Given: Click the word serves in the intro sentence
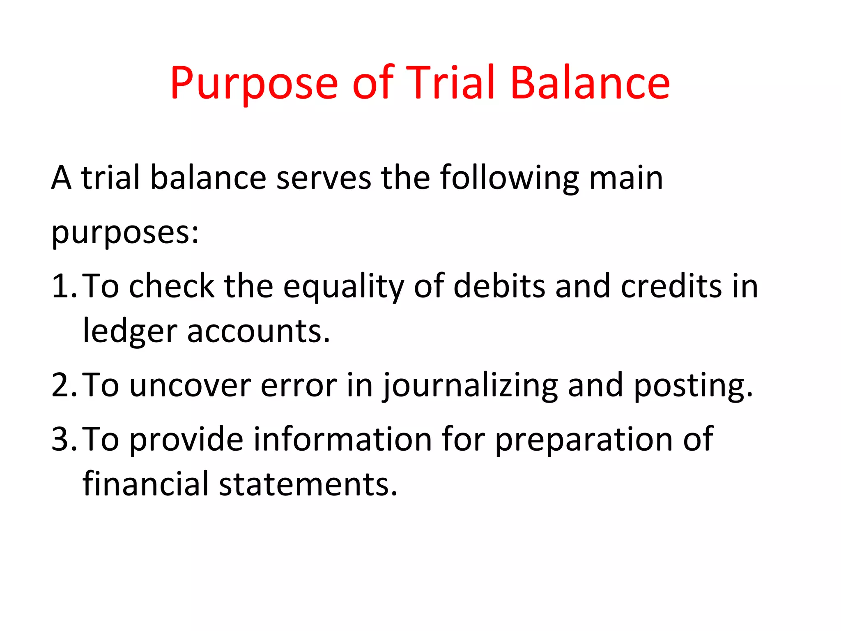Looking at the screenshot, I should pyautogui.click(x=324, y=177).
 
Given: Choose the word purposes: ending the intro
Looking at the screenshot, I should pyautogui.click(x=125, y=233).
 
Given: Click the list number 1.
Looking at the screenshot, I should pyautogui.click(x=63, y=286).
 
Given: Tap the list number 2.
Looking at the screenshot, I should pyautogui.click(x=63, y=385).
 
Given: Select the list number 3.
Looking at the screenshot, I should pyautogui.click(x=63, y=439).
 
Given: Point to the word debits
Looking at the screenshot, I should pyautogui.click(x=499, y=286).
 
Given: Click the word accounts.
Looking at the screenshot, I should pyautogui.click(x=258, y=331).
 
